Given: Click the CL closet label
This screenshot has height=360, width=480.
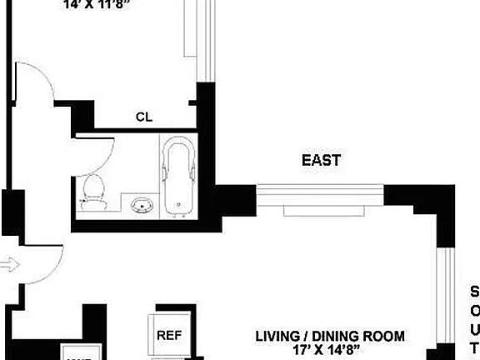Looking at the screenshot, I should click(x=143, y=117).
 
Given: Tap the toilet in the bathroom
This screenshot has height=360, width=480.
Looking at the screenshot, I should click(x=93, y=191).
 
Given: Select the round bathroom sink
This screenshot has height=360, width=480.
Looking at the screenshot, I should click(x=140, y=204).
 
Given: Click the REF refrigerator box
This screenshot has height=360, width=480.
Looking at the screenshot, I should click(x=170, y=337).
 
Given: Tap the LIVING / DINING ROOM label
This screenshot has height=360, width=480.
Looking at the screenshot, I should click(x=330, y=337).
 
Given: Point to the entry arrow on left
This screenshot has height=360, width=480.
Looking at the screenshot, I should click(x=8, y=265).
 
